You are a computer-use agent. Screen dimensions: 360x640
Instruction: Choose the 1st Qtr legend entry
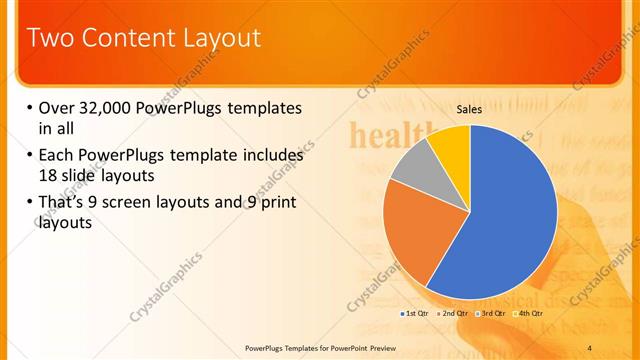click(x=417, y=314)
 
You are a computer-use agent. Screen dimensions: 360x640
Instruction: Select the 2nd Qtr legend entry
click(x=456, y=314)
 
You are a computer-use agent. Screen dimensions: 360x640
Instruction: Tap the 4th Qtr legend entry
click(x=531, y=314)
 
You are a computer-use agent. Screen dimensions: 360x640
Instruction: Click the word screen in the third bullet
click(x=138, y=203)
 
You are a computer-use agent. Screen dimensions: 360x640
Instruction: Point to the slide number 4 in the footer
click(x=590, y=347)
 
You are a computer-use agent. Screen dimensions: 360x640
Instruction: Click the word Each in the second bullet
click(x=56, y=156)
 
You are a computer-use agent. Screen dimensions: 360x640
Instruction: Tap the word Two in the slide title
click(x=49, y=38)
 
